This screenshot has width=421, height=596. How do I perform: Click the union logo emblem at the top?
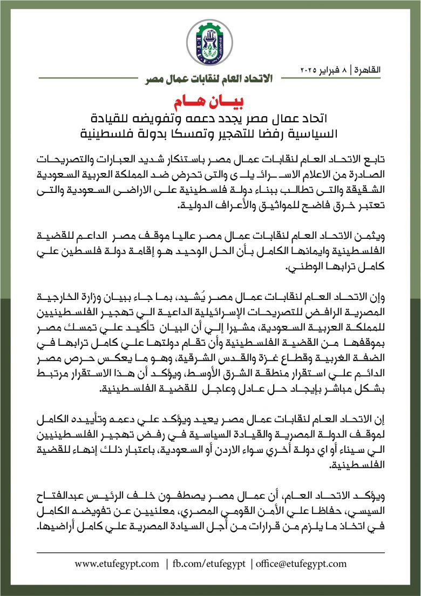click(210, 39)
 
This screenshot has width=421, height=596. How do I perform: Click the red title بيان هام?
click(210, 103)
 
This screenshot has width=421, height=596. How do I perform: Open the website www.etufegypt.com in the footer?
click(117, 564)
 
